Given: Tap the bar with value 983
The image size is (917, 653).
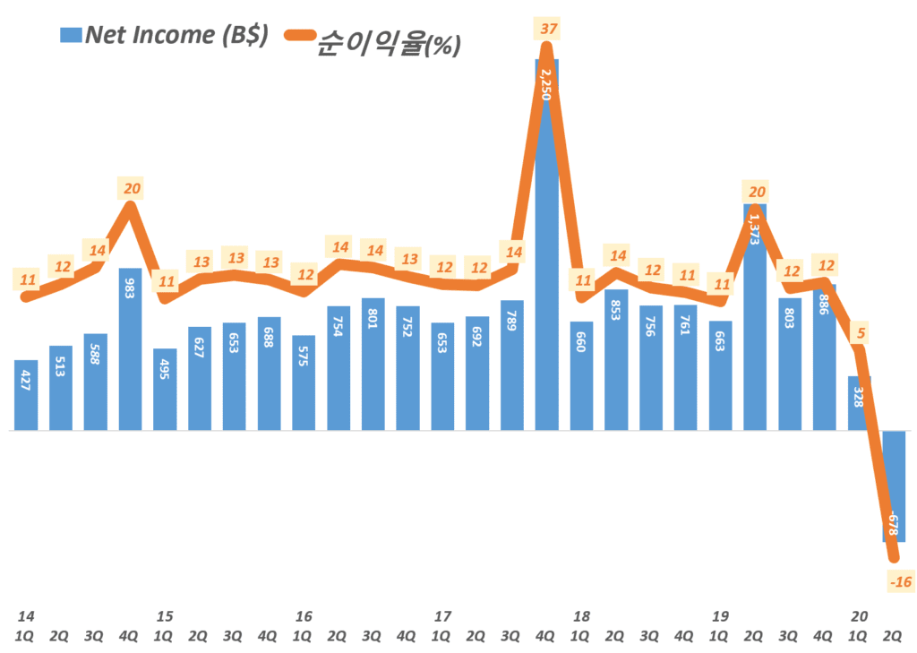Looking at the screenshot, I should click(x=130, y=349).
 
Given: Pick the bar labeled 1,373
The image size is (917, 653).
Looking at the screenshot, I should click(x=756, y=318).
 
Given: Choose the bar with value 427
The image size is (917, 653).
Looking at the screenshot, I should click(x=26, y=395).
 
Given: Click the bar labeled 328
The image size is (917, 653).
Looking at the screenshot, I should click(x=860, y=404).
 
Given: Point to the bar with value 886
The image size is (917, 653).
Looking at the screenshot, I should click(x=825, y=358).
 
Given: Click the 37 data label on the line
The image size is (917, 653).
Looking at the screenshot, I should click(x=549, y=30).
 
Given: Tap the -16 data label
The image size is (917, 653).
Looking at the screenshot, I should click(x=900, y=582).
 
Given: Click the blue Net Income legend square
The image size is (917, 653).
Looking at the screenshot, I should click(x=69, y=36).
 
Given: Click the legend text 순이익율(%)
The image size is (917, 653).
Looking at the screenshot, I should click(x=388, y=43).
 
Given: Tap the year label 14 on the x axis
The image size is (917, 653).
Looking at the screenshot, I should click(x=26, y=616).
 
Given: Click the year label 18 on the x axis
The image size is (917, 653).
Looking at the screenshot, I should click(x=581, y=616).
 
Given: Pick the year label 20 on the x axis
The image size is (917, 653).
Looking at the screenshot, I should click(x=860, y=616).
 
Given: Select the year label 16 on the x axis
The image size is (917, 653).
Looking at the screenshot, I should click(x=304, y=616).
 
